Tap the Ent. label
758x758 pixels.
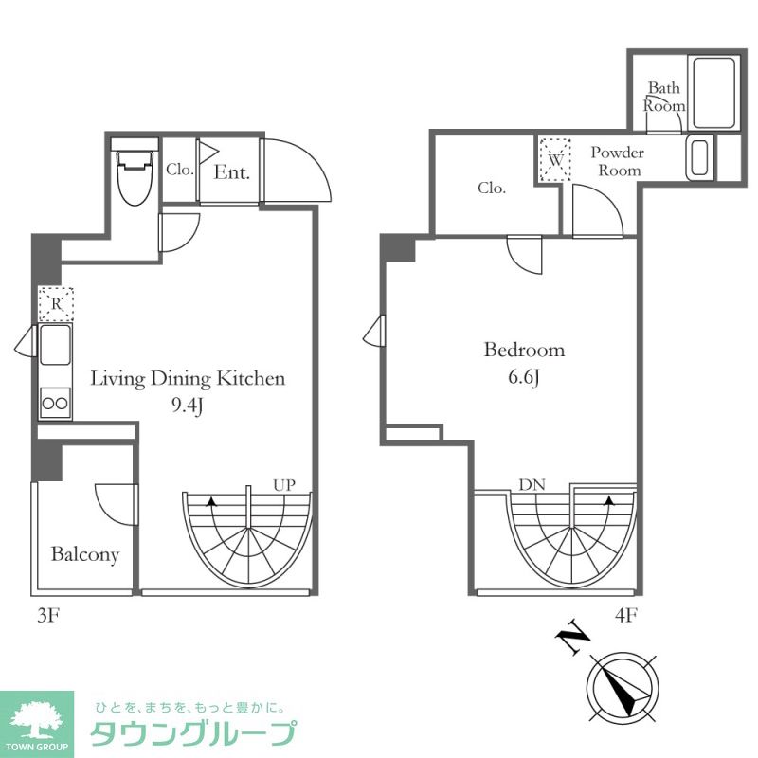click(x=231, y=172)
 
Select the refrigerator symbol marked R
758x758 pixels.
click(x=56, y=304)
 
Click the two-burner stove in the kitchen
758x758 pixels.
click(x=55, y=403)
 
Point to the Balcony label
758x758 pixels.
click(x=85, y=554)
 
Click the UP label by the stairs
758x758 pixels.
click(x=284, y=484)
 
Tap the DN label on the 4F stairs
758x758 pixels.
click(x=532, y=484)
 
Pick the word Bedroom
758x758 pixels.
click(x=524, y=350)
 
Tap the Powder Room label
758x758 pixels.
click(x=618, y=161)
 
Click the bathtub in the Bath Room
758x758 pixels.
click(x=714, y=93)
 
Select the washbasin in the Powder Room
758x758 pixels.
click(x=699, y=159)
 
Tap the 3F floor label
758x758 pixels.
click(x=48, y=615)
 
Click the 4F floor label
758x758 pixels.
click(x=625, y=615)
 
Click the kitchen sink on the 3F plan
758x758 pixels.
click(x=54, y=344)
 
